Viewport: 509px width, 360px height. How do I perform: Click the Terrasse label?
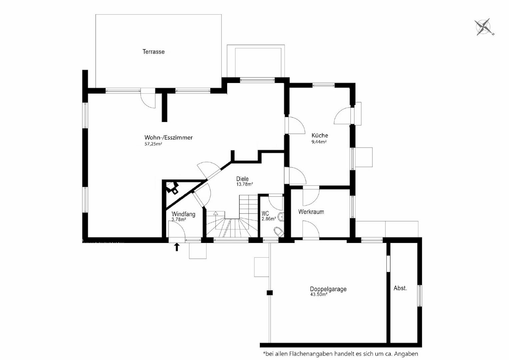coord(154,52)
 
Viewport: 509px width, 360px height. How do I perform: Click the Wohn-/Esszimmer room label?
coord(168,138)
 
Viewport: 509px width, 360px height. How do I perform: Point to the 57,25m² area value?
coord(153,144)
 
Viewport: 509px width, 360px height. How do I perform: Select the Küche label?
coord(320,135)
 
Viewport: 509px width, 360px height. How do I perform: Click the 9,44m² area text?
coord(319,142)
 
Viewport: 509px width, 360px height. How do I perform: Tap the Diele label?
coord(242,179)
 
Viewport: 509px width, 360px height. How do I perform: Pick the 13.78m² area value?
coord(245,184)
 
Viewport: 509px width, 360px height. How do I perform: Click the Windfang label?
coord(183,214)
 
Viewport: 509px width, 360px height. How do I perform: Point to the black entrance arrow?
coord(177,247)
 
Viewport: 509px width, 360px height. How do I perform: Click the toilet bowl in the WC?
coord(278,232)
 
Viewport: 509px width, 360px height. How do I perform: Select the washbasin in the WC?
coord(281,217)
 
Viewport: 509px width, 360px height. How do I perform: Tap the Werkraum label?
coord(311,212)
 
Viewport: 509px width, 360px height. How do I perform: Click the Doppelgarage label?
coord(328,289)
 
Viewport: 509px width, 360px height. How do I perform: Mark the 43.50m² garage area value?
coord(318,294)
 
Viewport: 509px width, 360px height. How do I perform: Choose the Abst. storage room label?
coord(400,288)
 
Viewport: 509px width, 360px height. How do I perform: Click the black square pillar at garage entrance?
coord(269,293)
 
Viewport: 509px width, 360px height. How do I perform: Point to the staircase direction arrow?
coord(216,213)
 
